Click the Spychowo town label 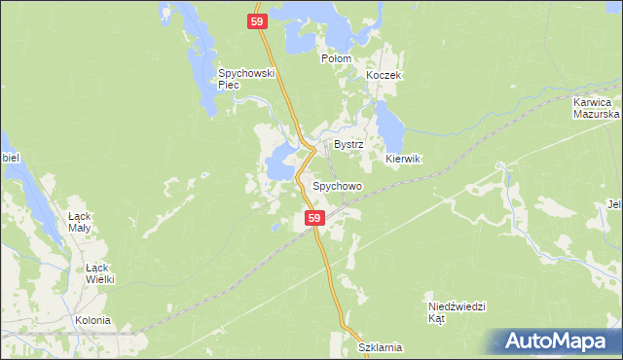(x=337, y=185)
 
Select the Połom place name (x=336, y=58)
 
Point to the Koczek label (x=384, y=75)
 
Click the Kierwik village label (x=402, y=159)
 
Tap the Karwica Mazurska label (x=592, y=107)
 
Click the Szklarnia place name (x=380, y=347)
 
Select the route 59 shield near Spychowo (x=313, y=220)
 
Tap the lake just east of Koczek (x=388, y=122)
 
